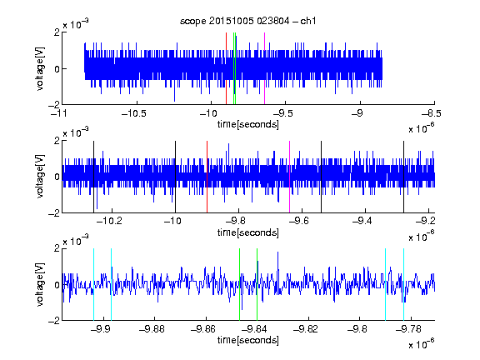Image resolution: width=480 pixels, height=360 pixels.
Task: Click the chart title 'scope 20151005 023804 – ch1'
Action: (x=248, y=21)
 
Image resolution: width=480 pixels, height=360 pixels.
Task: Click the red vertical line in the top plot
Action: (x=226, y=68)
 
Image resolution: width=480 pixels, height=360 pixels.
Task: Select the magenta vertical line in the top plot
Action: (x=264, y=68)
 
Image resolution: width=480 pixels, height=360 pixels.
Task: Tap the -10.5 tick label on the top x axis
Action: (x=134, y=113)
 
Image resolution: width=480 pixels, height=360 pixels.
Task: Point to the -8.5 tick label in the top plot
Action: (x=431, y=113)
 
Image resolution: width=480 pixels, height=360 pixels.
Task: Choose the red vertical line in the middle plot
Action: (x=207, y=177)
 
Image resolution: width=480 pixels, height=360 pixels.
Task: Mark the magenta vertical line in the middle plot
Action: (x=290, y=177)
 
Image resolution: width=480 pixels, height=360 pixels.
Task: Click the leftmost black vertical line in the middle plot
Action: (x=93, y=177)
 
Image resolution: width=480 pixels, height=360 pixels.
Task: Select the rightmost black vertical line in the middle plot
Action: (x=404, y=177)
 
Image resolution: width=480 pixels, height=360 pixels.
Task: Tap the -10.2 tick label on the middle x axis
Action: (x=109, y=221)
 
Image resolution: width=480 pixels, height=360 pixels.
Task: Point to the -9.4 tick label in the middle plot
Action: (x=362, y=221)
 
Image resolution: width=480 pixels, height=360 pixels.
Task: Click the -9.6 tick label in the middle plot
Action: (x=299, y=221)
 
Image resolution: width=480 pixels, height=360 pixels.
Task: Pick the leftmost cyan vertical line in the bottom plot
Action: (x=93, y=284)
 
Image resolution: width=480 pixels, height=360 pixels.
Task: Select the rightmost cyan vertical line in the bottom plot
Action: (x=404, y=284)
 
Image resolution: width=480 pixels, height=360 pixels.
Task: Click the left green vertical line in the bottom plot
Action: (x=240, y=284)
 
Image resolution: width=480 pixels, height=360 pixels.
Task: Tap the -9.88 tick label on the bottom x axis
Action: (x=152, y=329)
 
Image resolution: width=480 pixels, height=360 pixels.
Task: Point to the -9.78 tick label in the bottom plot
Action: (x=408, y=329)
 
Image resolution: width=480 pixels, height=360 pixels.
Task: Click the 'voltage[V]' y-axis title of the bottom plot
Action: (x=40, y=284)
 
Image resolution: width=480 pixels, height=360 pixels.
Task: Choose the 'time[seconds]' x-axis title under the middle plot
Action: (x=248, y=232)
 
